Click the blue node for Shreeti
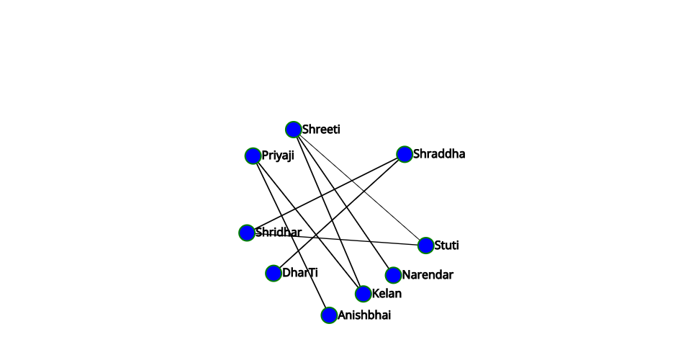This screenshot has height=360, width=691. tap(294, 130)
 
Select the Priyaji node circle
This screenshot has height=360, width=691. tap(253, 156)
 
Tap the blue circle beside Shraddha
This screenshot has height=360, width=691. tap(405, 154)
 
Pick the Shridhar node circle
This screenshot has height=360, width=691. tap(247, 233)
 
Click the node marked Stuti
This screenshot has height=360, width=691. tap(425, 246)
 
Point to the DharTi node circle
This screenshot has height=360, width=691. tap(274, 273)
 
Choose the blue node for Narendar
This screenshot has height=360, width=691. tap(393, 275)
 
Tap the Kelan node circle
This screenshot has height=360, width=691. tap(363, 294)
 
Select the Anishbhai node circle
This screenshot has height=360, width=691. tap(329, 315)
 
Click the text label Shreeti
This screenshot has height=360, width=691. tap(321, 130)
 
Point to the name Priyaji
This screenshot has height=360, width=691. tap(278, 156)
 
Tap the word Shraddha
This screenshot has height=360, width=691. tap(439, 154)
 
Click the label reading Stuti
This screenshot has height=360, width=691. tap(446, 245)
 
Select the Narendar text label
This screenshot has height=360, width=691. tap(428, 275)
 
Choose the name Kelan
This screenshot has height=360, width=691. tap(387, 294)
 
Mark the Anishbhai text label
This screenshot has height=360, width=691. tap(364, 315)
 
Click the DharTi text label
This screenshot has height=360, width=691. tap(300, 273)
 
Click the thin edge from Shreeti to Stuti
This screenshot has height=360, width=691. tap(360, 188)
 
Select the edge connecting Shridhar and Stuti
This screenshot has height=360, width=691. tap(336, 239)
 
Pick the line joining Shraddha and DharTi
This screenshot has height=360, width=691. tap(339, 214)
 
